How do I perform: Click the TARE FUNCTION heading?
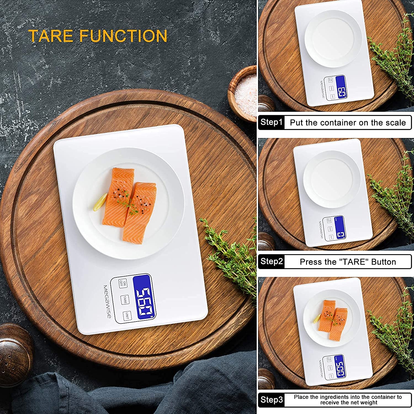point(98,36)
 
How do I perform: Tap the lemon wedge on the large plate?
point(100,202)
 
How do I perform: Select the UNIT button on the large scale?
point(127,316)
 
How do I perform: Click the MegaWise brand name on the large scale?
point(107,301)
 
